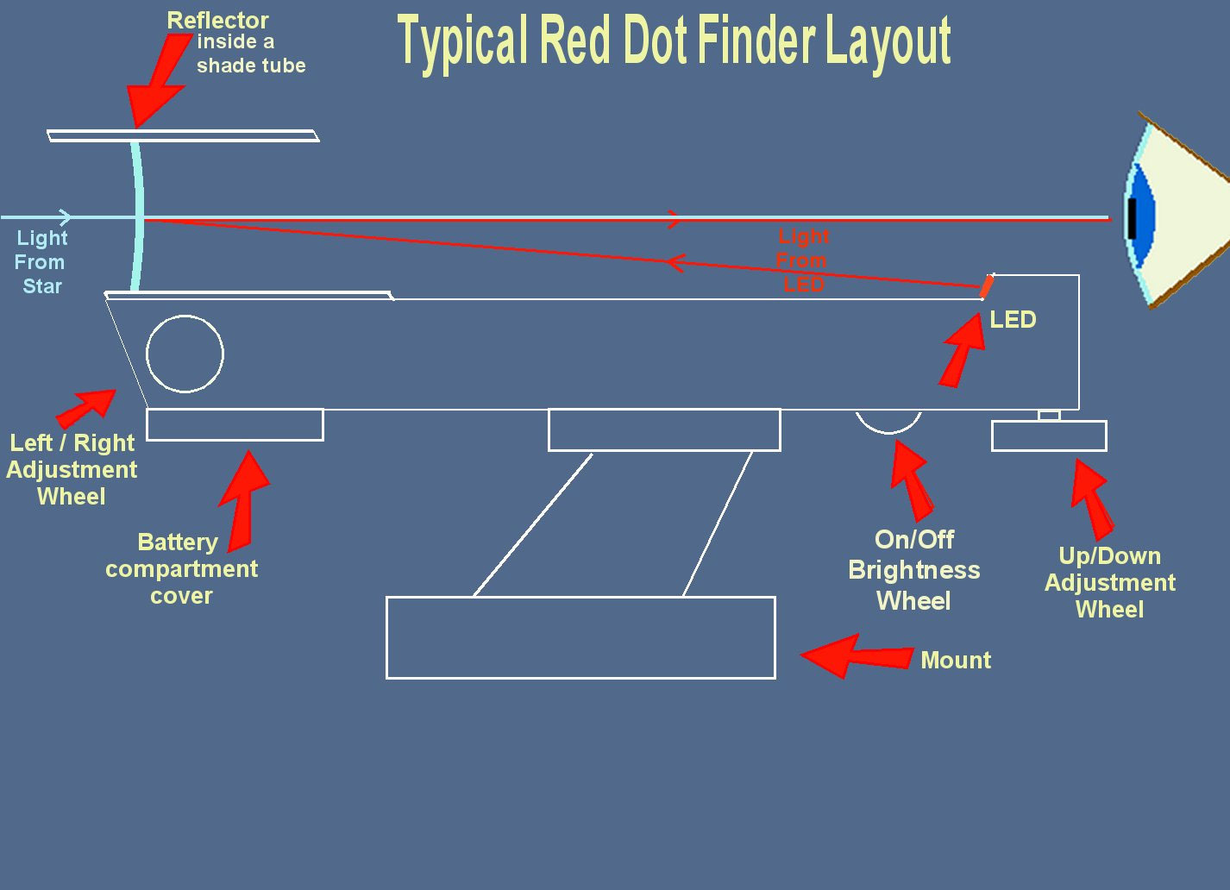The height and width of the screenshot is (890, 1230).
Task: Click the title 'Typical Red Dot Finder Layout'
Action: (x=673, y=41)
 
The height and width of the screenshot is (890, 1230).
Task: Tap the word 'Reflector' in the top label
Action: (x=217, y=21)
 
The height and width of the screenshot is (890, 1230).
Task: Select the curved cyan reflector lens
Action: (x=136, y=216)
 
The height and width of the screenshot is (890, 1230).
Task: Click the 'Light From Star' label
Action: (x=41, y=262)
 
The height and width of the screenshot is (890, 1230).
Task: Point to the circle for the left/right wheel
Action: (x=185, y=354)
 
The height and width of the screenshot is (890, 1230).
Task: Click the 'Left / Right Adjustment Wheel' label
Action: (x=72, y=469)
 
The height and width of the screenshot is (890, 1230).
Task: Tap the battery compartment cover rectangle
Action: (x=235, y=424)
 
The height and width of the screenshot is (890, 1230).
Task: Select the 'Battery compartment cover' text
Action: (x=181, y=568)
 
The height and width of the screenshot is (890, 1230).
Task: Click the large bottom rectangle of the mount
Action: (x=580, y=637)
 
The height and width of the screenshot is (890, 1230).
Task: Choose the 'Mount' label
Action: (x=956, y=661)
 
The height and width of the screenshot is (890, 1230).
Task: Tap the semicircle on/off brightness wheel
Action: (x=888, y=421)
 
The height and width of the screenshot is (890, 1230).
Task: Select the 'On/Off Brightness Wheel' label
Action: (x=914, y=570)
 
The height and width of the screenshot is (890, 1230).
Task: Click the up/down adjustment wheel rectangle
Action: (x=1049, y=436)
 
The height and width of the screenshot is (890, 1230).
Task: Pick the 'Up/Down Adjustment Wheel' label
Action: (x=1110, y=583)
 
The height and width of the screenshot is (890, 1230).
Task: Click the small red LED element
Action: (x=987, y=286)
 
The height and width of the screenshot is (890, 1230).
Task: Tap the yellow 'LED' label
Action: (x=1013, y=320)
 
